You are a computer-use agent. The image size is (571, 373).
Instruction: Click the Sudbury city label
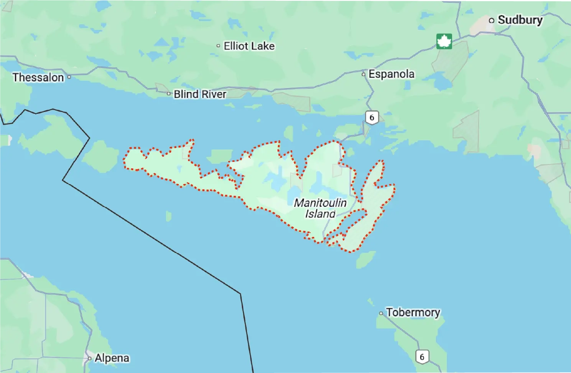520,20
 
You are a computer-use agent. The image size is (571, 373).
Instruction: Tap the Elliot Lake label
249,46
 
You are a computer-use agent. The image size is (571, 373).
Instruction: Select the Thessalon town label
38,77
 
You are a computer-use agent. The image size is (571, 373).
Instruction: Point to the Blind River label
200,94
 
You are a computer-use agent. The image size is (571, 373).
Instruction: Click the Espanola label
392,74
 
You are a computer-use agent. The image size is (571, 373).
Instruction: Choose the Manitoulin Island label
320,208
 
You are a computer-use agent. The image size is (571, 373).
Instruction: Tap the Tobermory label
413,312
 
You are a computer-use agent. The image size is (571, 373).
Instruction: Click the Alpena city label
112,358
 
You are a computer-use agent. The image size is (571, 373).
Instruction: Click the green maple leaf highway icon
444,41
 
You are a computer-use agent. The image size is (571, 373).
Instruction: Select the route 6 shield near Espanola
372,117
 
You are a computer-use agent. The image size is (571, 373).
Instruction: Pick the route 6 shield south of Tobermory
422,357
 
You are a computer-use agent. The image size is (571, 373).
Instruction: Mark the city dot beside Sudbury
492,20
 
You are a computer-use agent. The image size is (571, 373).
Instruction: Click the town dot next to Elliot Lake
218,46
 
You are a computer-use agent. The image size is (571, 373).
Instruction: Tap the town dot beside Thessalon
69,77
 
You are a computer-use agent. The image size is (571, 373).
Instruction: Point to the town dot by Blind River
168,94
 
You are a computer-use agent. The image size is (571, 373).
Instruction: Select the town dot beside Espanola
364,74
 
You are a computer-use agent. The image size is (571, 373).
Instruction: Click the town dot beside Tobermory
381,313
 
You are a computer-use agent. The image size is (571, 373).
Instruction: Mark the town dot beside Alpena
89,359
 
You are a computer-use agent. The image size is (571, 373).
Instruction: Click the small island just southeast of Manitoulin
365,260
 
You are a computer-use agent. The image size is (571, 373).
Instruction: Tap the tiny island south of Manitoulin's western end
168,216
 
